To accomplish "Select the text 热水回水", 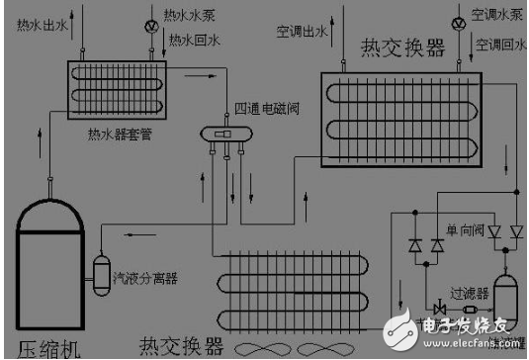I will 193,41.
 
